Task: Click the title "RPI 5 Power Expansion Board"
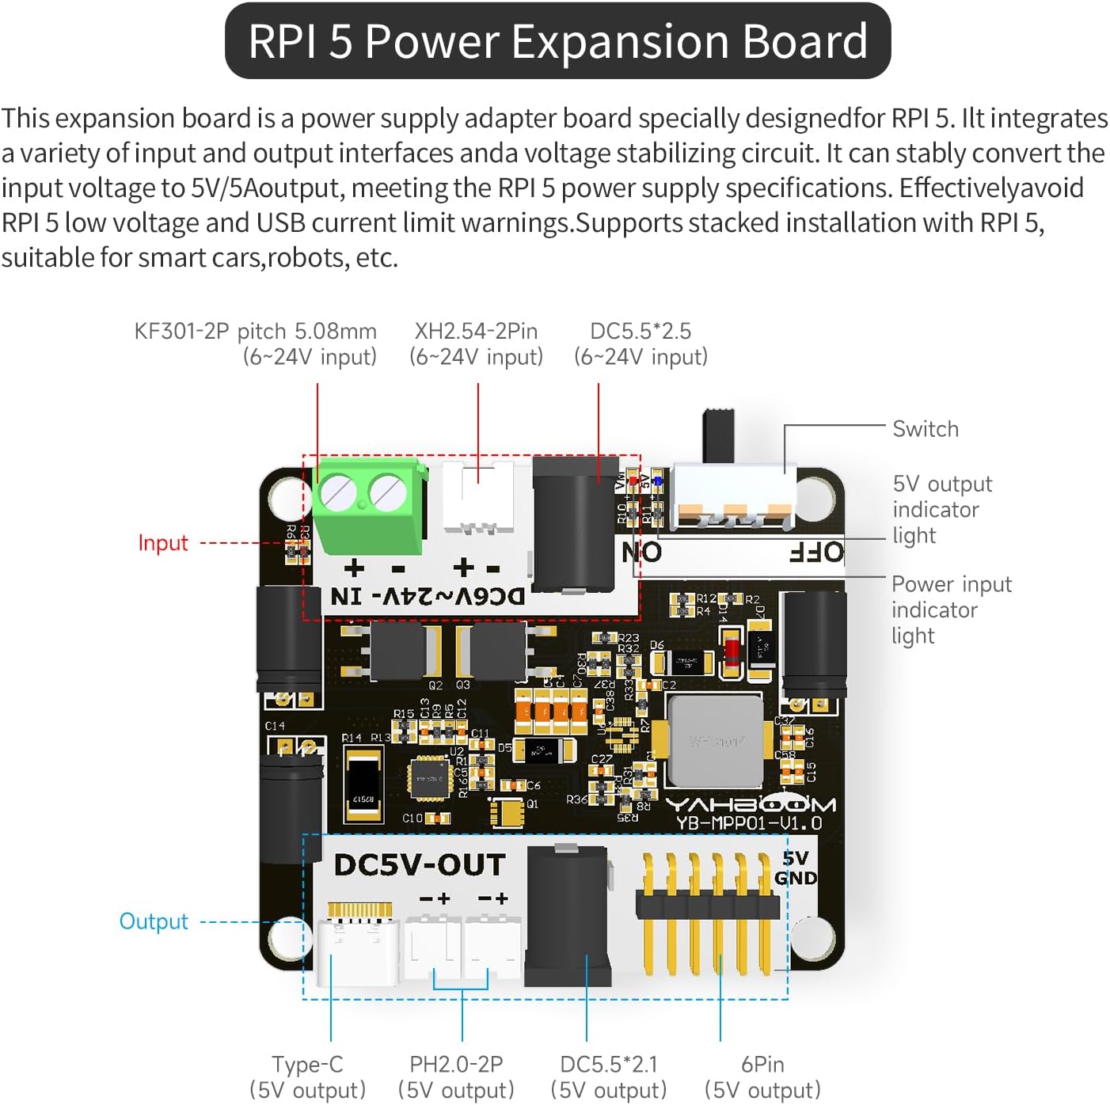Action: click(x=557, y=41)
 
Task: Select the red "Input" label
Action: click(x=163, y=543)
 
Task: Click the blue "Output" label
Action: click(x=154, y=921)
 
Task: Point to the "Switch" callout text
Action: click(x=925, y=429)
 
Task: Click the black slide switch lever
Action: click(x=719, y=435)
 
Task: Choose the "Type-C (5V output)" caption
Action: click(x=307, y=1077)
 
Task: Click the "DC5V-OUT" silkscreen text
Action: click(x=420, y=865)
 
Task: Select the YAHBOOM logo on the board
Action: click(x=749, y=804)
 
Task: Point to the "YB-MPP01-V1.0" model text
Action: click(x=749, y=824)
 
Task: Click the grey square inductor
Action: click(x=716, y=741)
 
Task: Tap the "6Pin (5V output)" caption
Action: click(x=762, y=1077)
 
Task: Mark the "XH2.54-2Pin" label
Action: click(x=476, y=331)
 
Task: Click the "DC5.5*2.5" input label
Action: click(x=641, y=331)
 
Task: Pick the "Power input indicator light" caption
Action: click(x=951, y=609)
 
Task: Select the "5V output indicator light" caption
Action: click(x=941, y=509)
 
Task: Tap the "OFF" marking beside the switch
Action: click(x=816, y=552)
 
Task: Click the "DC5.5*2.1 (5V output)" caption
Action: click(x=608, y=1077)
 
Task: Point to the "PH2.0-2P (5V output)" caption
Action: click(x=456, y=1077)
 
